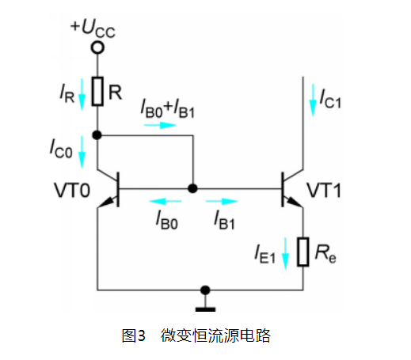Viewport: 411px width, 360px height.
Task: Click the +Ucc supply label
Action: (x=93, y=28)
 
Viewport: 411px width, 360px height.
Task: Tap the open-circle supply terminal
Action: (x=97, y=48)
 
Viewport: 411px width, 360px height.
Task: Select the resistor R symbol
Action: (x=97, y=91)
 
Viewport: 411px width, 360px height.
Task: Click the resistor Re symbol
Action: (x=303, y=252)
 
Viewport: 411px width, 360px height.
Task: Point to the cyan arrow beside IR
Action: (x=82, y=94)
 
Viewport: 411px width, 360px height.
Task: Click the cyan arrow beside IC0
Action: (x=82, y=152)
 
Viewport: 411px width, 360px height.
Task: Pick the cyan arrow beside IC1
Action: (x=313, y=100)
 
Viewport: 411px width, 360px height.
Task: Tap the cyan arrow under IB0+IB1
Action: (x=160, y=125)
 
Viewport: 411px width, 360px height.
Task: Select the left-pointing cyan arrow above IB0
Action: (x=166, y=201)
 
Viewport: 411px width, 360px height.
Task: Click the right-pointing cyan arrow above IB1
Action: (x=222, y=201)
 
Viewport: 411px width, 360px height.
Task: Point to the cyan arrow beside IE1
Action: (x=285, y=253)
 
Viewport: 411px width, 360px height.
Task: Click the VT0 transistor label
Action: (x=72, y=190)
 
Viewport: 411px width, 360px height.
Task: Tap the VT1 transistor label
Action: (x=324, y=190)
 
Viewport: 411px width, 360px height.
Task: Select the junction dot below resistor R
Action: (x=97, y=135)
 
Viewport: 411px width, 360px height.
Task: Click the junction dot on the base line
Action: (x=192, y=188)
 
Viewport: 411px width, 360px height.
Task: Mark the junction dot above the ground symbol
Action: (x=205, y=290)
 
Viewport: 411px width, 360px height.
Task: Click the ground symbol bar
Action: (x=205, y=309)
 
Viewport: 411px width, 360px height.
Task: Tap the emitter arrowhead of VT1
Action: (x=294, y=202)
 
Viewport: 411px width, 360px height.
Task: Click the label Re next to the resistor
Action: (x=325, y=253)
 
